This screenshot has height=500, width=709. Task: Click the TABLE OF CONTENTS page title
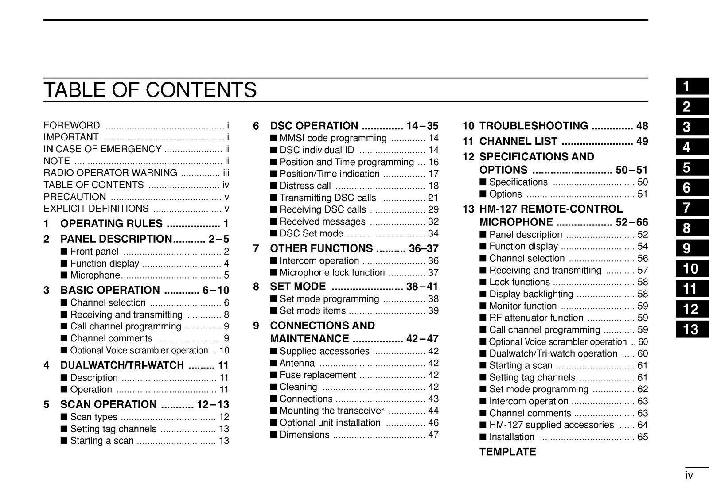click(x=150, y=90)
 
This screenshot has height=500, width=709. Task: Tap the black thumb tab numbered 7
click(x=692, y=208)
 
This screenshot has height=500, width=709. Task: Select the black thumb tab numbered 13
click(x=692, y=329)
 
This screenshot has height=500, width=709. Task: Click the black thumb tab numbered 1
click(x=692, y=86)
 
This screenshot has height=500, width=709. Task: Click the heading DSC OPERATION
click(x=314, y=126)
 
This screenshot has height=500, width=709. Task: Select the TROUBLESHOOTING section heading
click(x=534, y=126)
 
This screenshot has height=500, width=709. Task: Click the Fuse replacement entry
click(x=317, y=375)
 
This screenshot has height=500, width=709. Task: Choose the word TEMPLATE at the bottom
click(x=507, y=452)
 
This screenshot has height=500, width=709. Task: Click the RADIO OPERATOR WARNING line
click(x=110, y=173)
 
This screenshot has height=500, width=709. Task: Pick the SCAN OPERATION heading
click(x=108, y=404)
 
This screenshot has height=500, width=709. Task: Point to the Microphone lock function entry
click(x=332, y=273)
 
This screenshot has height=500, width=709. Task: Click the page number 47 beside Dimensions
click(x=433, y=435)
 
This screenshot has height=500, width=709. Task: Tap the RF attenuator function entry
click(x=536, y=318)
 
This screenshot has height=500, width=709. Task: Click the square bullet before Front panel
click(x=64, y=252)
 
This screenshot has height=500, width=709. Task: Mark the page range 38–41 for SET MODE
click(x=422, y=287)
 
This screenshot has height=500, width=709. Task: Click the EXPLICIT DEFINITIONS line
click(x=96, y=209)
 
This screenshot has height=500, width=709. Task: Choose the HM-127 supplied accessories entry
click(x=551, y=425)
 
